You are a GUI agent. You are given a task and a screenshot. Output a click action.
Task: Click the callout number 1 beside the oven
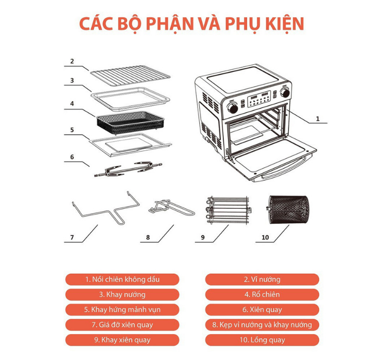(x=317, y=118)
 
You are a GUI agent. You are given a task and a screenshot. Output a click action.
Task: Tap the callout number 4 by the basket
(x=72, y=104)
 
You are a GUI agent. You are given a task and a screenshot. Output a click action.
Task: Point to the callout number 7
(x=72, y=237)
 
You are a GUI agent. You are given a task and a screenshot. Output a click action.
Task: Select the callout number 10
(x=265, y=237)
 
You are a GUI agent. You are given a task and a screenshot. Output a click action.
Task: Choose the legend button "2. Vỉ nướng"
(x=262, y=279)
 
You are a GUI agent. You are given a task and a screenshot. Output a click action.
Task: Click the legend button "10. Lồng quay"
(x=262, y=340)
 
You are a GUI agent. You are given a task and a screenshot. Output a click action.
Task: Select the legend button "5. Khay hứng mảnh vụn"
(x=122, y=310)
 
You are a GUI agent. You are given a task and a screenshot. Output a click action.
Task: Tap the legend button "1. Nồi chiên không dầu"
(x=122, y=279)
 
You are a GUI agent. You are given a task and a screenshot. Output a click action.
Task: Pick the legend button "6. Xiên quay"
(x=262, y=310)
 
